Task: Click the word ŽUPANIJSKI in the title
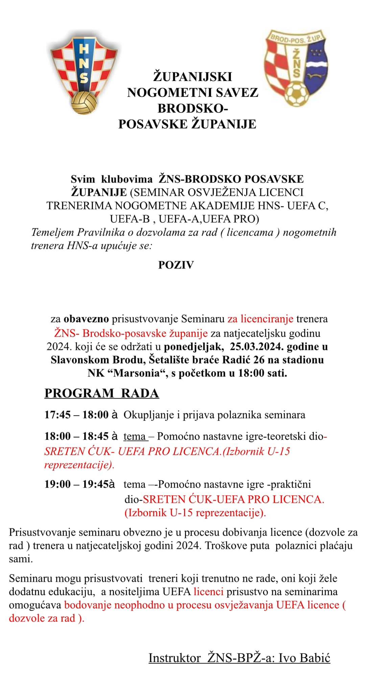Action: coord(193,77)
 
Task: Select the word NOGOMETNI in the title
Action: coord(163,93)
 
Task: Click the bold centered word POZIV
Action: coord(176,265)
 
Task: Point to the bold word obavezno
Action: coord(86,319)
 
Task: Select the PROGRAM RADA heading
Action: coord(102,393)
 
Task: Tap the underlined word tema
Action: coord(135,436)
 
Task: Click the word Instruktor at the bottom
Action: coord(174,658)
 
